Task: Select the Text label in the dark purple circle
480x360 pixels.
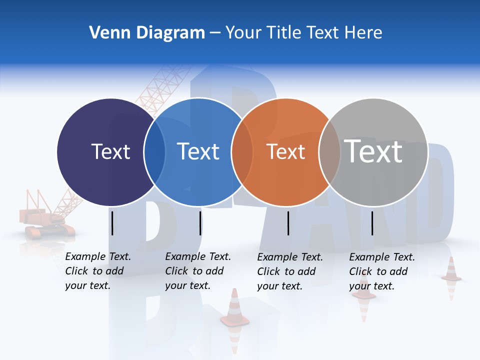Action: (x=110, y=151)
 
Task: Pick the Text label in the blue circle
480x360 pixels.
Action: (x=198, y=151)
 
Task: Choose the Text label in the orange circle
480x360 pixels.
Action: (x=285, y=152)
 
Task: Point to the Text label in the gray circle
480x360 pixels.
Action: (x=373, y=151)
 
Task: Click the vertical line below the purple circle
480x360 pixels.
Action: (x=112, y=223)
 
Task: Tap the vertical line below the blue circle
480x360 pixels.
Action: (x=200, y=223)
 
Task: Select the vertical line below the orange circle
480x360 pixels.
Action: (x=288, y=223)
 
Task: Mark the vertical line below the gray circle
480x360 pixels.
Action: (x=372, y=223)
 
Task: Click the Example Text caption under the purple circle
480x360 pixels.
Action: (x=97, y=271)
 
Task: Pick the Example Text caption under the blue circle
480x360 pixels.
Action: (x=197, y=271)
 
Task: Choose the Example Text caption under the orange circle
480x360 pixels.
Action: (x=289, y=271)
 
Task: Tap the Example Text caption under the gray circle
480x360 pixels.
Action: (x=381, y=271)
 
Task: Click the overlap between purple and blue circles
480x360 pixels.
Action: (x=154, y=152)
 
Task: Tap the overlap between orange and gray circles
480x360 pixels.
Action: (x=329, y=152)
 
